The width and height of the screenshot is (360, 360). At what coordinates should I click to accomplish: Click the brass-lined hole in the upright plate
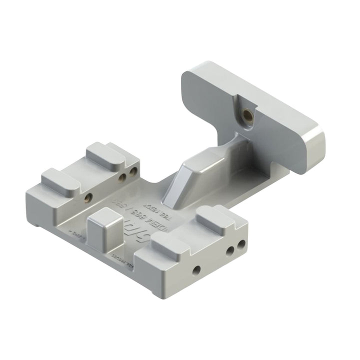(x=246, y=116)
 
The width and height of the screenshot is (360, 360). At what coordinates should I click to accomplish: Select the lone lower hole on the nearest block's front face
(x=196, y=270)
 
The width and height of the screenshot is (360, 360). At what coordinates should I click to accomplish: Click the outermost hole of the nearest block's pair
(x=242, y=245)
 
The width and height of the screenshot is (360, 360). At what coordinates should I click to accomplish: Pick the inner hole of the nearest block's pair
(x=230, y=251)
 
